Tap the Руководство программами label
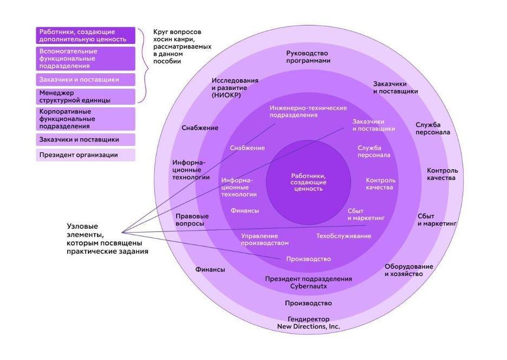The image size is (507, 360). [308, 57]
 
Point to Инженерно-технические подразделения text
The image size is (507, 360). [301, 111]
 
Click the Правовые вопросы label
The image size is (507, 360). [192, 220]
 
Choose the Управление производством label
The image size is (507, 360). [264, 240]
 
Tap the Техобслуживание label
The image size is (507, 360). [343, 236]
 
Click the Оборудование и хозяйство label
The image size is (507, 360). [408, 270]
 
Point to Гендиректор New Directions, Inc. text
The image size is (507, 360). [308, 323]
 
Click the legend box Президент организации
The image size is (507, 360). [86, 155]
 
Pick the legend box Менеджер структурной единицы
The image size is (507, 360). [86, 97]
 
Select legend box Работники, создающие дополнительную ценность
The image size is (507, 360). [86, 35]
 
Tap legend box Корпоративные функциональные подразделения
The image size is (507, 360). [86, 118]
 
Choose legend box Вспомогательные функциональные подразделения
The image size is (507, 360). [86, 59]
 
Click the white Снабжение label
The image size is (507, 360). [247, 148]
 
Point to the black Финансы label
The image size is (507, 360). [210, 269]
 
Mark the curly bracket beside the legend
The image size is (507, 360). [144, 65]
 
